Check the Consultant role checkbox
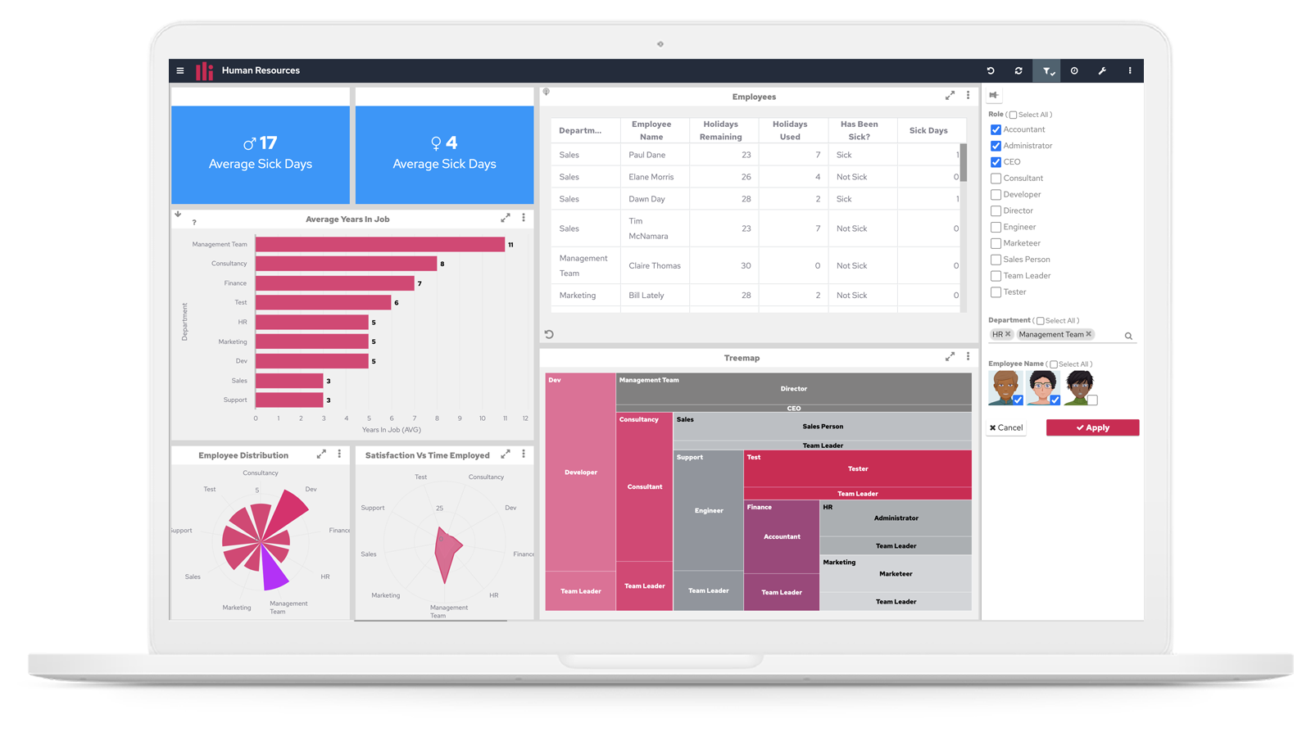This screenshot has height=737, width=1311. [996, 179]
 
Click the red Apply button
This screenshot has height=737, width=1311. [1092, 427]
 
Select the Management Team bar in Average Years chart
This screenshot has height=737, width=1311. [380, 244]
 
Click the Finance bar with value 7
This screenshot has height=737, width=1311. [334, 283]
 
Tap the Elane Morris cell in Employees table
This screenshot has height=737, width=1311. [651, 177]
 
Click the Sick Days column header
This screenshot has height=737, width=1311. [928, 130]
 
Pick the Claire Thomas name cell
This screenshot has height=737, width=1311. [655, 265]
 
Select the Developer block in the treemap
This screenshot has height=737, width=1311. [580, 472]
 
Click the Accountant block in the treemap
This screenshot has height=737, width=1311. [782, 536]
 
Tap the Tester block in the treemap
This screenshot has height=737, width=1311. [857, 469]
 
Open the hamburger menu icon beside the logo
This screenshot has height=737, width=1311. [180, 71]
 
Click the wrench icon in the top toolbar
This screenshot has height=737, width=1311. [1102, 71]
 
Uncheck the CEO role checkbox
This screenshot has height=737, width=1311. [996, 162]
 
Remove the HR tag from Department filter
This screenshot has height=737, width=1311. [1008, 334]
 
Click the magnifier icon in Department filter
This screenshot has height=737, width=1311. [1128, 336]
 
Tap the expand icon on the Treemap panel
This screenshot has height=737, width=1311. [950, 357]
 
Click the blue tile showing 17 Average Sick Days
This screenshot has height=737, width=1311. [261, 154]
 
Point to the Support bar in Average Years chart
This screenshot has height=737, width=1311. [289, 400]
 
